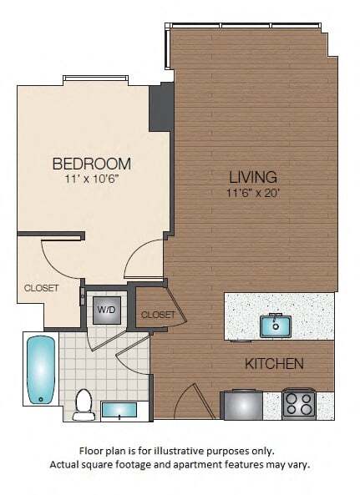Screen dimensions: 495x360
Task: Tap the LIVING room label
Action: [253, 177]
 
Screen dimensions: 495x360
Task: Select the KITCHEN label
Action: [273, 364]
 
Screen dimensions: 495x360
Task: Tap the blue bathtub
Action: [39, 369]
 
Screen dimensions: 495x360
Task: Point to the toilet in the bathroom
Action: [84, 403]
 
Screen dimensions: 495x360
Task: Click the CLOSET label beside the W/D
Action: [158, 315]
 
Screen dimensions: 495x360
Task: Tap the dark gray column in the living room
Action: [159, 107]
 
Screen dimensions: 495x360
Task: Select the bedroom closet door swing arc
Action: [58, 259]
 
